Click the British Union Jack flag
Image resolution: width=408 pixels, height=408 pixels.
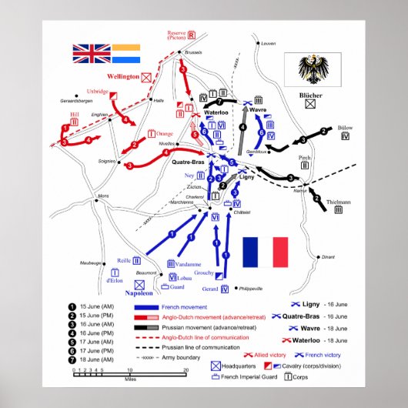92,53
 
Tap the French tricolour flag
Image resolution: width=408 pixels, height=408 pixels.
265,252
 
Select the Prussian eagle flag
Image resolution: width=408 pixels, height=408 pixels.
313,70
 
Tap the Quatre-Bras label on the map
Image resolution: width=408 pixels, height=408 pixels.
187,162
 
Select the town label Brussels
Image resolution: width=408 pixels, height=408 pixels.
193,52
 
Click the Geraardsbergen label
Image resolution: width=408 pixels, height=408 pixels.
75,101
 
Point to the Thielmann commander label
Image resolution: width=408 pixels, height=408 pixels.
339,202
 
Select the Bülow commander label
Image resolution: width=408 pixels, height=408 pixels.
344,127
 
